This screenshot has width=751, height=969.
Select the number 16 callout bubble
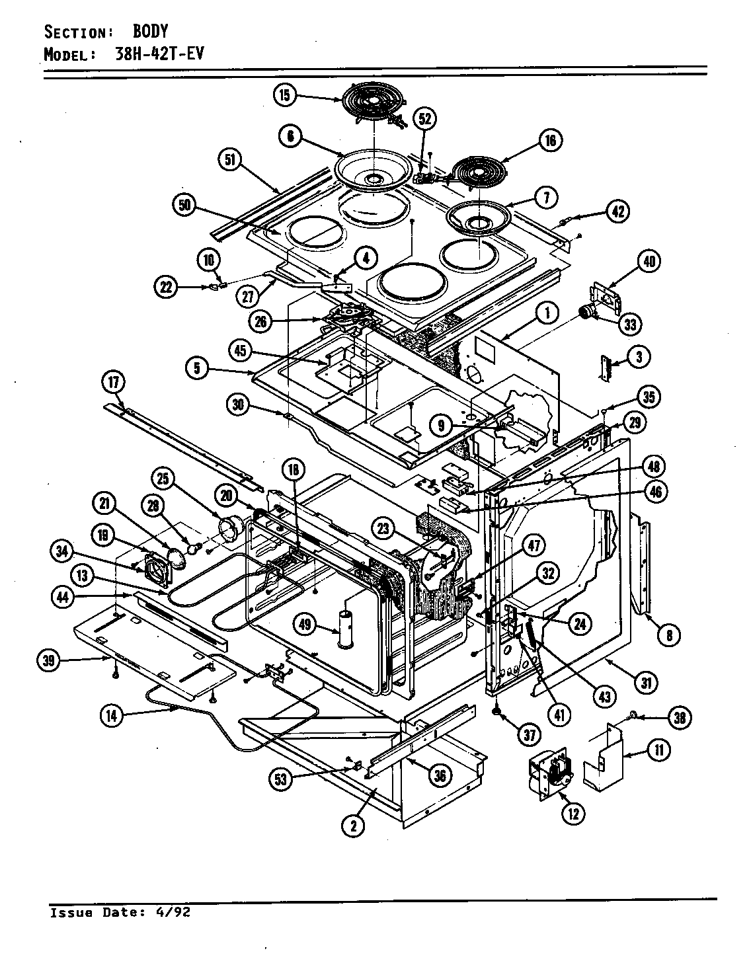pos(550,140)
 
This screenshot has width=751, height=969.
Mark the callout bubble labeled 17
pos(113,381)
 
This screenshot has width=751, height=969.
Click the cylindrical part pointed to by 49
pos(346,631)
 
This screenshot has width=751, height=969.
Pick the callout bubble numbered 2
pos(354,825)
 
